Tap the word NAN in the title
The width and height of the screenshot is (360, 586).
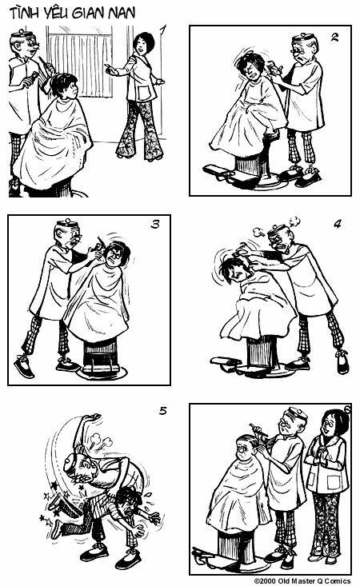coord(122,13)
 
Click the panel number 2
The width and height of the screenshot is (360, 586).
coord(334,37)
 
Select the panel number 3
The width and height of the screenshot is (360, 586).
coord(155,224)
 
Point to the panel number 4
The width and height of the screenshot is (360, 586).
coord(337,224)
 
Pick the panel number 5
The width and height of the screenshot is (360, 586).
coord(162,411)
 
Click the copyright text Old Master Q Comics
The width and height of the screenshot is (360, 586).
coord(314,580)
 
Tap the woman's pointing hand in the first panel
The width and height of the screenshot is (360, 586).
coord(110,69)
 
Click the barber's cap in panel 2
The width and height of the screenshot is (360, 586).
coord(303,37)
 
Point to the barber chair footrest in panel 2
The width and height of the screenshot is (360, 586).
coord(218,173)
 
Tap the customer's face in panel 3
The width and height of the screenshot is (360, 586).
coord(114,257)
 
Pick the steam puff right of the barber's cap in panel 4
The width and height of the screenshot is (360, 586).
coord(294,221)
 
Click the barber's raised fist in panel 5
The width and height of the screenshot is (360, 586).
coord(94,417)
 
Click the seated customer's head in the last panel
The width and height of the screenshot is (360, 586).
coord(246,448)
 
